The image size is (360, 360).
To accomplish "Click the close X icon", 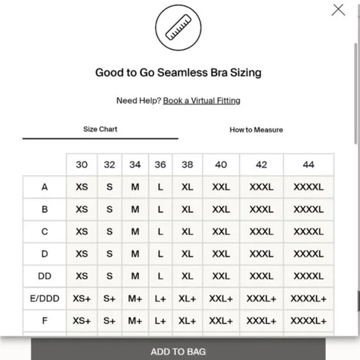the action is click(x=338, y=10).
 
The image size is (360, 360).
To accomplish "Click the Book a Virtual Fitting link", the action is click(x=202, y=101).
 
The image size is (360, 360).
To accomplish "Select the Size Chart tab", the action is click(x=100, y=129).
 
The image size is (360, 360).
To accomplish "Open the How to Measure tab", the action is click(x=256, y=130).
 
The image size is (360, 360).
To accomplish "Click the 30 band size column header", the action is click(x=82, y=164).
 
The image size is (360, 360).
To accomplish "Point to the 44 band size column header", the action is click(x=308, y=164).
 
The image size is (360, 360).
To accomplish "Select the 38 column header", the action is click(x=187, y=164).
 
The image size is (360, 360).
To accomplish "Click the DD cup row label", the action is click(x=45, y=276).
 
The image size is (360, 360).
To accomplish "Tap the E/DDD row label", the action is click(x=45, y=299).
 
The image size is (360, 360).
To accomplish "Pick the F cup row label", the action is click(x=45, y=321).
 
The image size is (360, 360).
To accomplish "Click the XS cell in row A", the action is click(x=82, y=187).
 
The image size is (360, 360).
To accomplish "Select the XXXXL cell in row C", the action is click(x=308, y=232).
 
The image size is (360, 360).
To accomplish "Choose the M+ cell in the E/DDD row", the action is click(x=135, y=299).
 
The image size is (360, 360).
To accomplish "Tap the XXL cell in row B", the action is click(x=221, y=209).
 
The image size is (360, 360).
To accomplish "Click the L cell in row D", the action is click(x=160, y=254).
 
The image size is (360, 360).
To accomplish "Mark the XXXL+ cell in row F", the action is click(x=261, y=321).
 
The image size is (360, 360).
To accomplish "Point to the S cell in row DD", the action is click(x=109, y=276).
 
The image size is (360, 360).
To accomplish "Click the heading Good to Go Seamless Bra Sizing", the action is click(x=178, y=73).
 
